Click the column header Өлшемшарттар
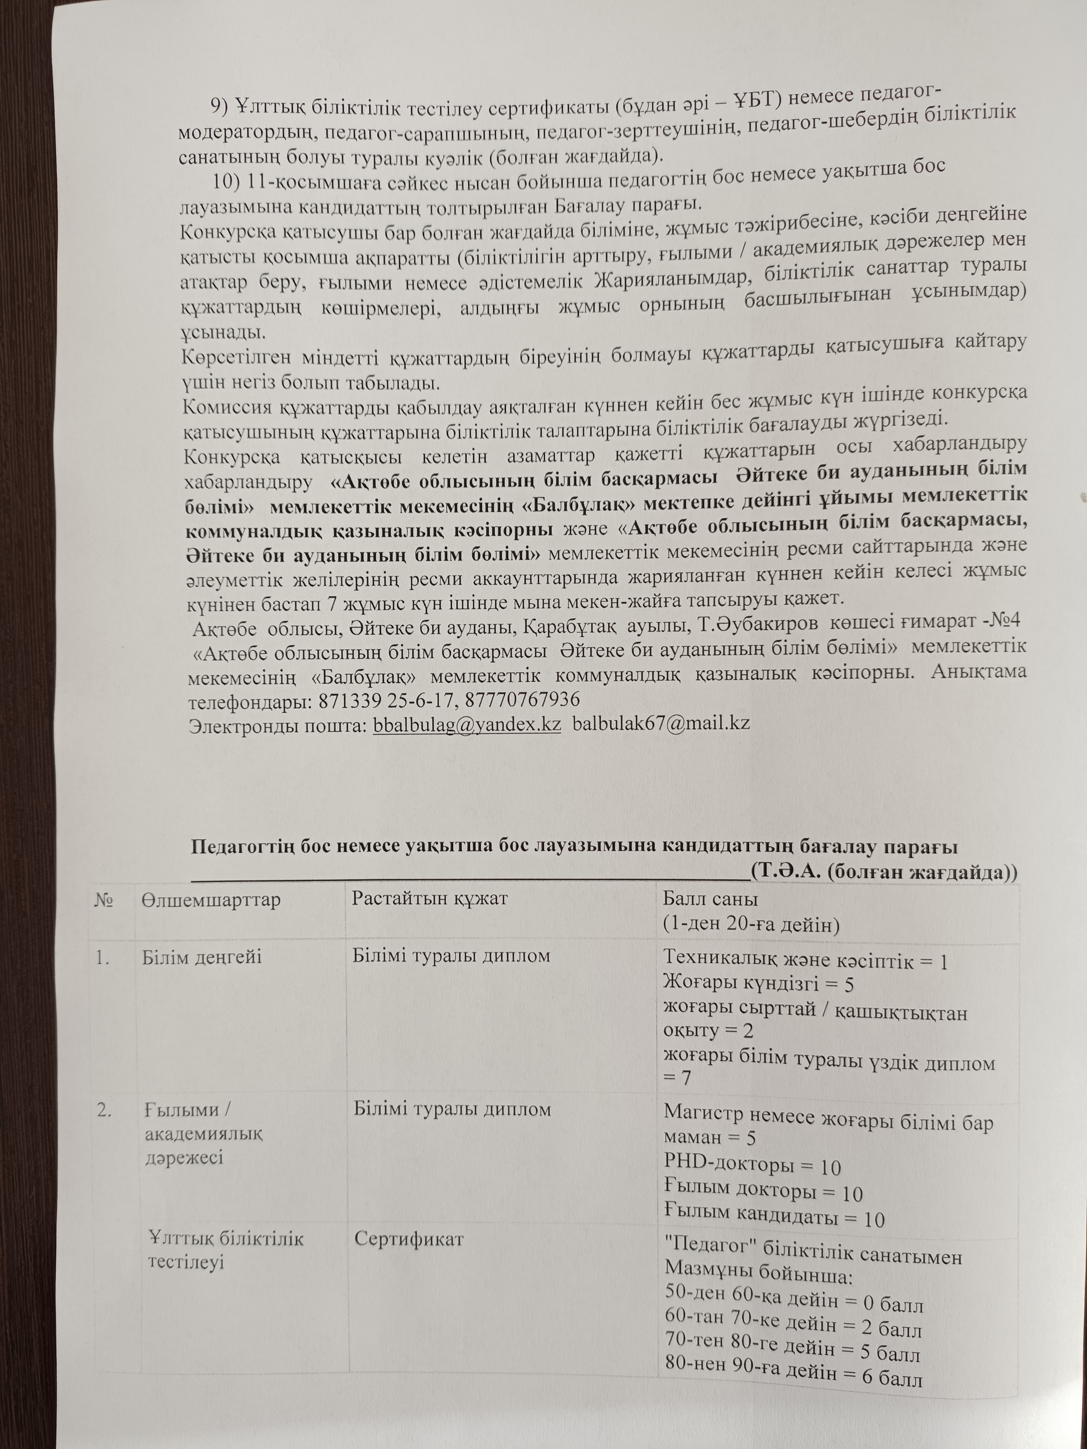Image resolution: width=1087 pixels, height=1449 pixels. click(x=211, y=899)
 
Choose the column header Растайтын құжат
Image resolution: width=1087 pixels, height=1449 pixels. click(x=430, y=898)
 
